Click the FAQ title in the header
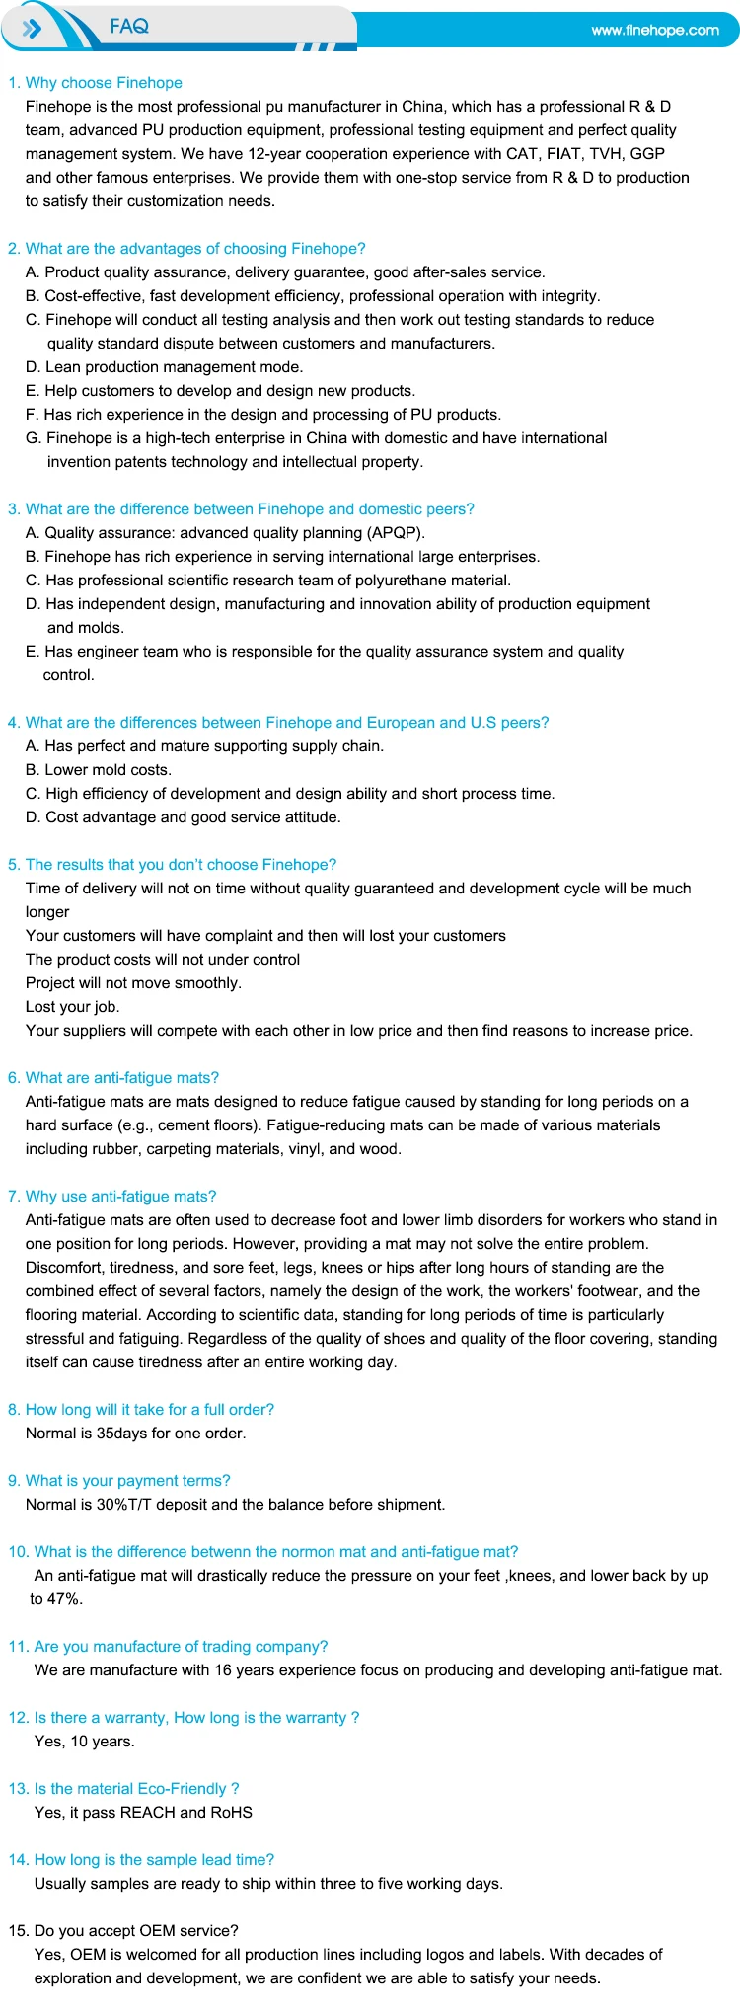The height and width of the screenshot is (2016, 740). pos(129,27)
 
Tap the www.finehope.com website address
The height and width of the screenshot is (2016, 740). pos(655,31)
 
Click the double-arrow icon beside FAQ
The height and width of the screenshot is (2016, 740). pos(32,29)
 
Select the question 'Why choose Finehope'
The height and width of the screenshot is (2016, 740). pos(104,83)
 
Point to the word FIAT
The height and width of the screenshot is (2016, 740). pos(562,154)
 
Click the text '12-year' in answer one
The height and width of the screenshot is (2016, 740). pos(275,154)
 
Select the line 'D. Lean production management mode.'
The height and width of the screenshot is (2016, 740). pos(164,367)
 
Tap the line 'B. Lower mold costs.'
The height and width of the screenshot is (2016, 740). pos(99,770)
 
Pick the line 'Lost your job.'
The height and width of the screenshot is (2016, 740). pos(72,1007)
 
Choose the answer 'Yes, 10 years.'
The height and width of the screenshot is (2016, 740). pos(84,1742)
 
